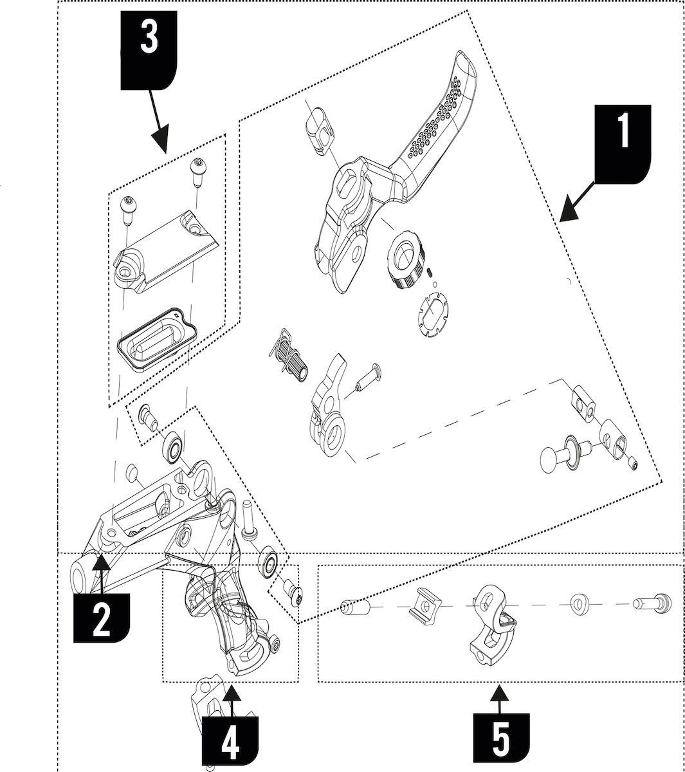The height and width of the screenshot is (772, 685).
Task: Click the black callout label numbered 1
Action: click(622, 141)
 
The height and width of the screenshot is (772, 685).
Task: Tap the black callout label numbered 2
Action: click(102, 616)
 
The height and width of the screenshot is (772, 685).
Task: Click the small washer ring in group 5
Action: click(583, 605)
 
